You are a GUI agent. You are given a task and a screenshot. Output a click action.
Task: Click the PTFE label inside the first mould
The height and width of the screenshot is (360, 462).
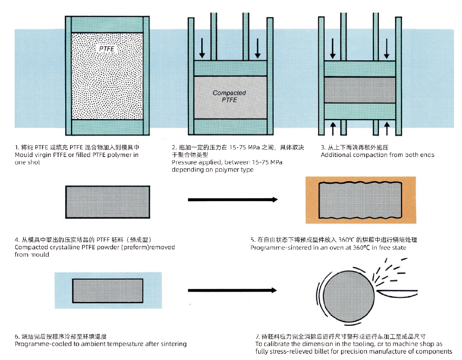(107, 49)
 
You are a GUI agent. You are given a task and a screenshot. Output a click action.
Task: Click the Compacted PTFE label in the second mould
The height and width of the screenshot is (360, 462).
(229, 96)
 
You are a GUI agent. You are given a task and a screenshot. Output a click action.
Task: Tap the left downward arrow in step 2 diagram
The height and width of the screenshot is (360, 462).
(202, 48)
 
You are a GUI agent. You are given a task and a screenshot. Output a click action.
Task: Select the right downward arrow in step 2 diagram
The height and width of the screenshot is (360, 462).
(258, 48)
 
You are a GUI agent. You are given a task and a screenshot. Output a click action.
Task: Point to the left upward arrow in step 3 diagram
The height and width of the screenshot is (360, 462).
(333, 128)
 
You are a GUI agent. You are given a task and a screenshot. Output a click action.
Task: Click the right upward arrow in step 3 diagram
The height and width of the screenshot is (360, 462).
(387, 128)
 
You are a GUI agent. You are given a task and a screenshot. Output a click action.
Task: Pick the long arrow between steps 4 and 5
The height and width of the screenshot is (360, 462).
(233, 200)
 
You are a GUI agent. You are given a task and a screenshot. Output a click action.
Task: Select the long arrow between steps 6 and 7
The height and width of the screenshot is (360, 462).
(232, 290)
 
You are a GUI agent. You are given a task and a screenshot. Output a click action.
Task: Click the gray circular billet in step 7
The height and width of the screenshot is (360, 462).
(349, 296)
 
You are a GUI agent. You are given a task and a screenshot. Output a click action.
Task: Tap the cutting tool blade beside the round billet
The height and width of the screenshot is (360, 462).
(397, 293)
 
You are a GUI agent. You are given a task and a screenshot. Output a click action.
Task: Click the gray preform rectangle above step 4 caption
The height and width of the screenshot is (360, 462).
(107, 202)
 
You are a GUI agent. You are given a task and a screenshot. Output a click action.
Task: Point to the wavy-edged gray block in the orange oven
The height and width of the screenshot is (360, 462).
(360, 200)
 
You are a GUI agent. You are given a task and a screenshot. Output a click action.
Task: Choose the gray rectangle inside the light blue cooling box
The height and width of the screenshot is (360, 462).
(107, 291)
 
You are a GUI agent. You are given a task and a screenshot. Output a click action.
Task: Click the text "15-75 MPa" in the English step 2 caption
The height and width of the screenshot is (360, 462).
(267, 162)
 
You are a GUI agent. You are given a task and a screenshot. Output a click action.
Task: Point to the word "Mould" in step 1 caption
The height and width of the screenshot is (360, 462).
(24, 155)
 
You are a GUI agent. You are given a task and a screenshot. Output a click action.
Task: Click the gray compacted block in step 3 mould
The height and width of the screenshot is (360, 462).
(360, 90)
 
